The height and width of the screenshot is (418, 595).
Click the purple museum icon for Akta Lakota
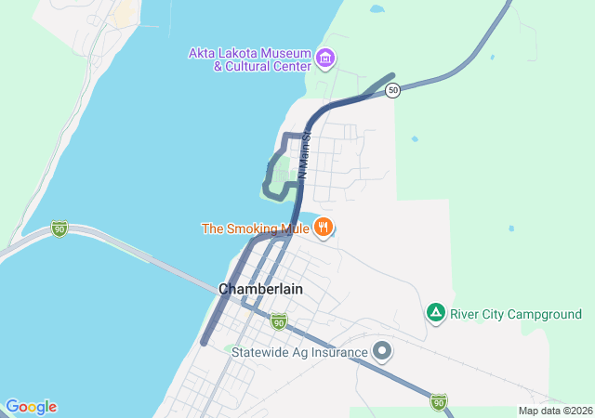pos(325,59)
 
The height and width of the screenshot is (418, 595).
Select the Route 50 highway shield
pos(394,90)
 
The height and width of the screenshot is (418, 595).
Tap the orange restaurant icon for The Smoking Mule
pos(324,228)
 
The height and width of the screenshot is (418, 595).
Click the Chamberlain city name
pos(260,289)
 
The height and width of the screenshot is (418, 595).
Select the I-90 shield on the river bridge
pos(59,229)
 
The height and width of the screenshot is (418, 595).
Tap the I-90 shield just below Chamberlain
pos(278,321)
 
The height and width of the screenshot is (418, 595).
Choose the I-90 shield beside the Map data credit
pos(439,401)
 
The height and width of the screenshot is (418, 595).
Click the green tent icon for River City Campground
pos(435,314)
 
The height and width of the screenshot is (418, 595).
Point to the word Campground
pos(543,315)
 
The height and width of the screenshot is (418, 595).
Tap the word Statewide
pos(262,350)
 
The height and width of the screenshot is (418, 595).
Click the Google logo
pos(31,407)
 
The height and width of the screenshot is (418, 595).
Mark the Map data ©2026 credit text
pos(555,411)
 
